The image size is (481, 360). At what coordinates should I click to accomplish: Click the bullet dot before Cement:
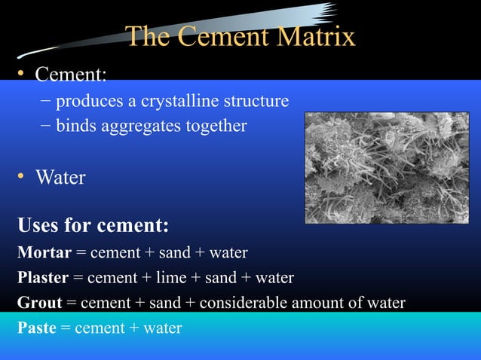tap(22, 74)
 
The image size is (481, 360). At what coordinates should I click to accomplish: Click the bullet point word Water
tap(60, 178)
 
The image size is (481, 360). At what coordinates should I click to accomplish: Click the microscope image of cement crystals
tap(387, 167)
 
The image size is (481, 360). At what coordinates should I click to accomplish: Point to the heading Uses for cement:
tap(93, 225)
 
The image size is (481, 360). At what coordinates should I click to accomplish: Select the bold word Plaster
tap(43, 278)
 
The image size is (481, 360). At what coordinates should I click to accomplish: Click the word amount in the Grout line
tap(326, 304)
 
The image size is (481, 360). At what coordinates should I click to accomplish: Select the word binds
tap(76, 125)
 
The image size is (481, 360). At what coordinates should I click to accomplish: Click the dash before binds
tap(46, 125)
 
